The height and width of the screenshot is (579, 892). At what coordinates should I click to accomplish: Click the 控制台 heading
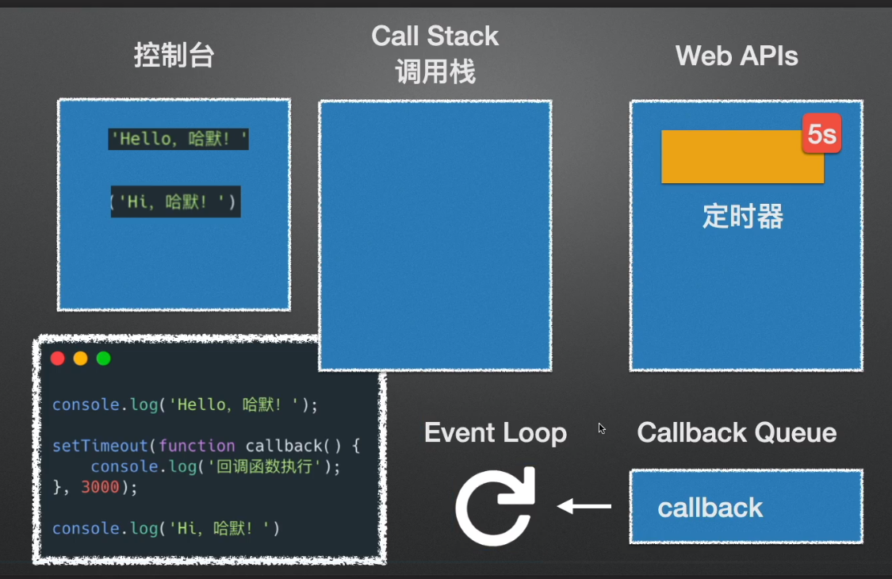[174, 56]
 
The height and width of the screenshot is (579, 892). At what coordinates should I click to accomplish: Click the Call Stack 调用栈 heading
[435, 54]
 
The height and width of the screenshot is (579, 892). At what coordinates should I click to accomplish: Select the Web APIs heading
[736, 56]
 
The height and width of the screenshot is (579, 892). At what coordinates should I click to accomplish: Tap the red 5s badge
[821, 134]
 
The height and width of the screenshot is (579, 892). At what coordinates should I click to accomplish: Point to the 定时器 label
[742, 217]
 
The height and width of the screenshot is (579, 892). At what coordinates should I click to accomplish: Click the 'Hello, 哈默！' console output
[179, 140]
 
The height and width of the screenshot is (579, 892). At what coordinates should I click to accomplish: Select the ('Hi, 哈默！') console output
[175, 202]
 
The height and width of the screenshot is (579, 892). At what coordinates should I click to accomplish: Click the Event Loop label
[495, 433]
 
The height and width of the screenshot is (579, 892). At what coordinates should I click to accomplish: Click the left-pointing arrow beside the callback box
[584, 506]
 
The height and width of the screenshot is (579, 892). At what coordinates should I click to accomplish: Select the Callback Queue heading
[737, 433]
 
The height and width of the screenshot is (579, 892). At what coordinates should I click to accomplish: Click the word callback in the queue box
[710, 508]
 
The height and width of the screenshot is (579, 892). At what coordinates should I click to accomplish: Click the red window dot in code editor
[57, 359]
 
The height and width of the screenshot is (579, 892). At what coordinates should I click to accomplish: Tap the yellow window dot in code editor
[80, 359]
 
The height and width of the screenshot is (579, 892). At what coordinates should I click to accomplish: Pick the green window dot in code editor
[103, 359]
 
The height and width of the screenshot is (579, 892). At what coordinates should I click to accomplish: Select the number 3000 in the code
[100, 487]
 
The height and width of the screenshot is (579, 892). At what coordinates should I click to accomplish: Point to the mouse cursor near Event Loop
[601, 428]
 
